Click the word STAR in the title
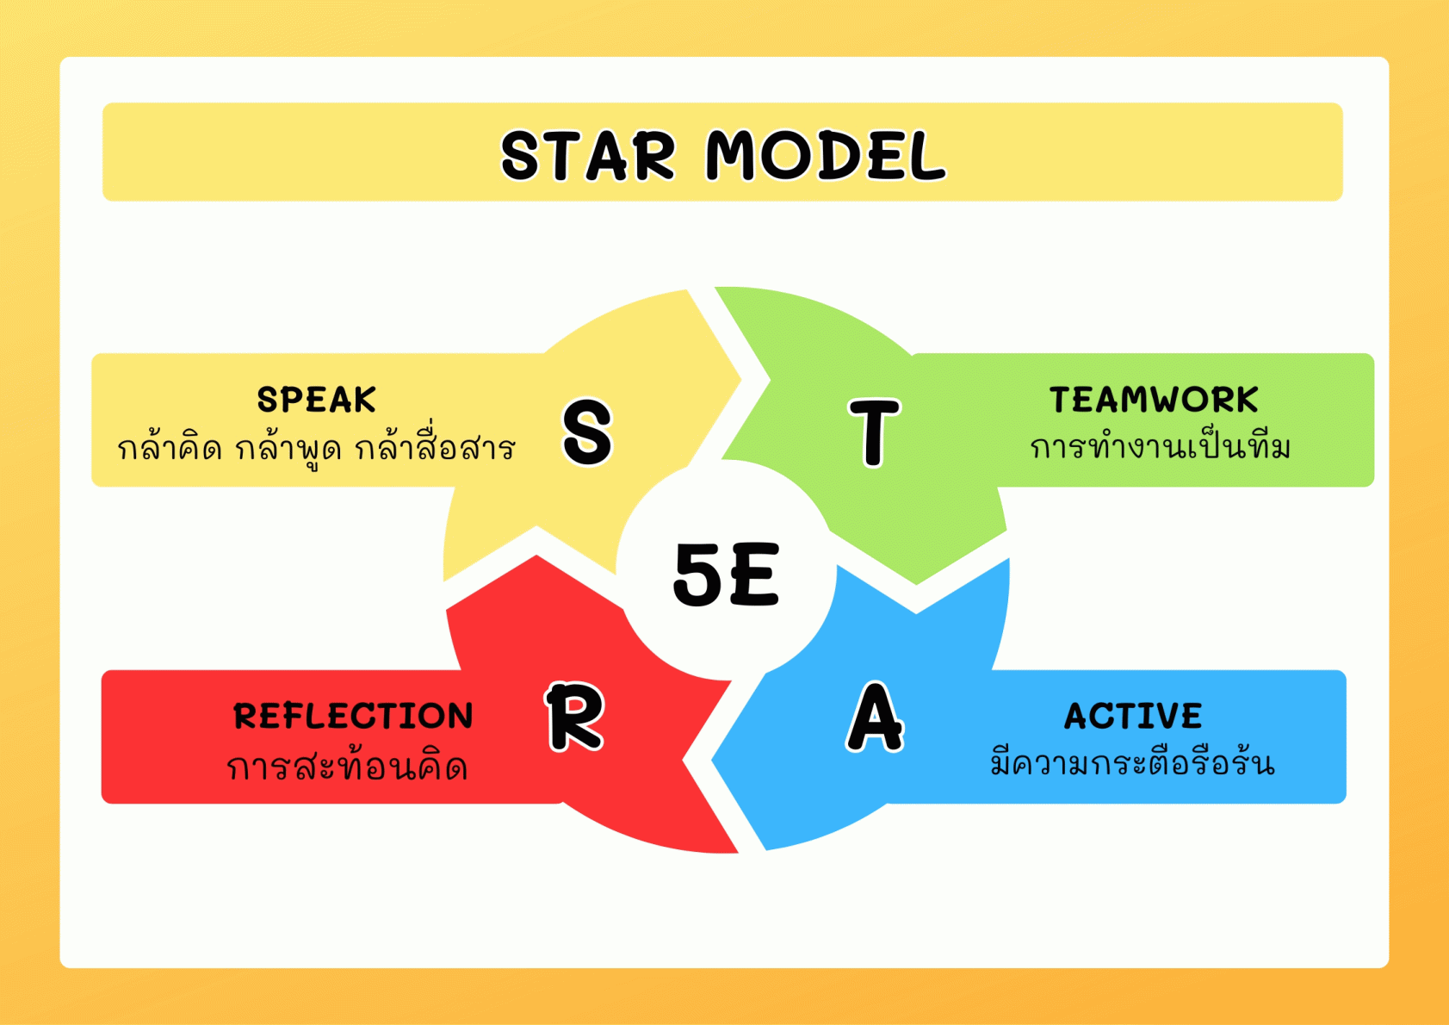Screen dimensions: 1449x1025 tap(588, 155)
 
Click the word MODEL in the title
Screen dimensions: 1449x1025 tap(826, 155)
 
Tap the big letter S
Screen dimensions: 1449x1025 tap(587, 432)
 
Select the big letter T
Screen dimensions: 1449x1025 tap(874, 432)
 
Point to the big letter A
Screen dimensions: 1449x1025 tap(875, 717)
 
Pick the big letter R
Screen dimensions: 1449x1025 tap(575, 717)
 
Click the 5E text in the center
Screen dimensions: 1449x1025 tap(726, 575)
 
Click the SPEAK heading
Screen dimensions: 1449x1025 tap(316, 400)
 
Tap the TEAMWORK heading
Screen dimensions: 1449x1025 tap(1154, 400)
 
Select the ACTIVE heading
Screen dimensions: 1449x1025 tap(1133, 717)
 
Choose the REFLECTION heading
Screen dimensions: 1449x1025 tap(353, 717)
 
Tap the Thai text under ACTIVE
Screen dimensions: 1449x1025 tap(1133, 761)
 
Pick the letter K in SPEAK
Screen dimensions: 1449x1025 tap(363, 400)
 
